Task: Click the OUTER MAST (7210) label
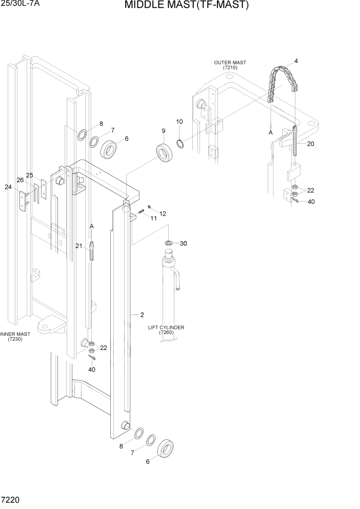click(230, 65)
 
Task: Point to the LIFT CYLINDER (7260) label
click(166, 330)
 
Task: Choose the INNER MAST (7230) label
click(15, 337)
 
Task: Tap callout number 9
click(164, 131)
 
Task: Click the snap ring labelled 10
click(181, 142)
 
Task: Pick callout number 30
click(183, 243)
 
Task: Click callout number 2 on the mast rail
click(142, 315)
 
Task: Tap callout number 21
click(78, 246)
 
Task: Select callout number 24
click(8, 187)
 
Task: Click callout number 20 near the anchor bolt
click(310, 144)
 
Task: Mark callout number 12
click(163, 213)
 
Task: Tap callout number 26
click(20, 180)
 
